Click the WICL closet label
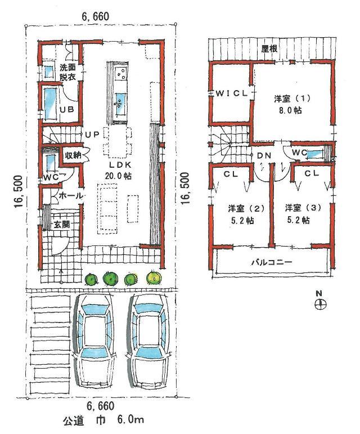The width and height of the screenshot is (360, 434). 231,94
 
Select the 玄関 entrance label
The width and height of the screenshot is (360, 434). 62,224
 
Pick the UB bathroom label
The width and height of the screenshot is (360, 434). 67,109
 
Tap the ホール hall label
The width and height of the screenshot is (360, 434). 71,195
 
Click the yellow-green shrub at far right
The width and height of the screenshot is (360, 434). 152,278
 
